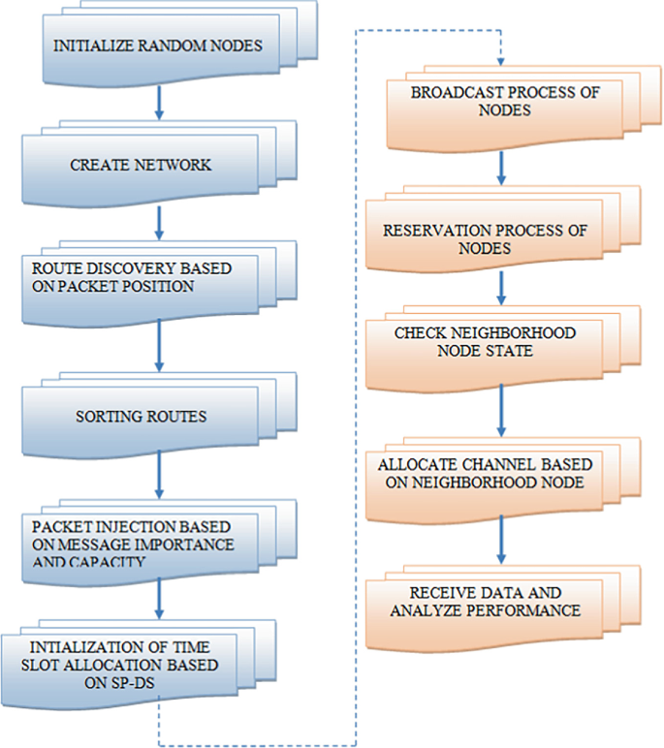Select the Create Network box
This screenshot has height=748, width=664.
tap(142, 165)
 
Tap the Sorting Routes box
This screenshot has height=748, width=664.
tap(142, 418)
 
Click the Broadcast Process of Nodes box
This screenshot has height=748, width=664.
tap(490, 102)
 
